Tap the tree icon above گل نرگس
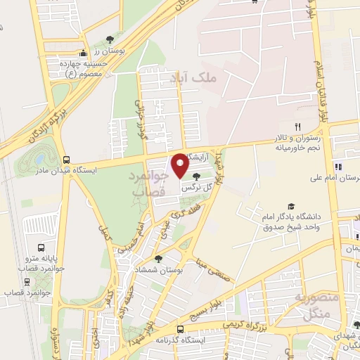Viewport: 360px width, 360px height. point(195,177)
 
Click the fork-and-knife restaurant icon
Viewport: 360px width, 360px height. point(297,127)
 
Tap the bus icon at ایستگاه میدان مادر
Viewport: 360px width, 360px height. point(66,160)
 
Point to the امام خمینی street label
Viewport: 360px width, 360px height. point(136,236)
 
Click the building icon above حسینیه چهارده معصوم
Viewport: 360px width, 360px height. point(83,53)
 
